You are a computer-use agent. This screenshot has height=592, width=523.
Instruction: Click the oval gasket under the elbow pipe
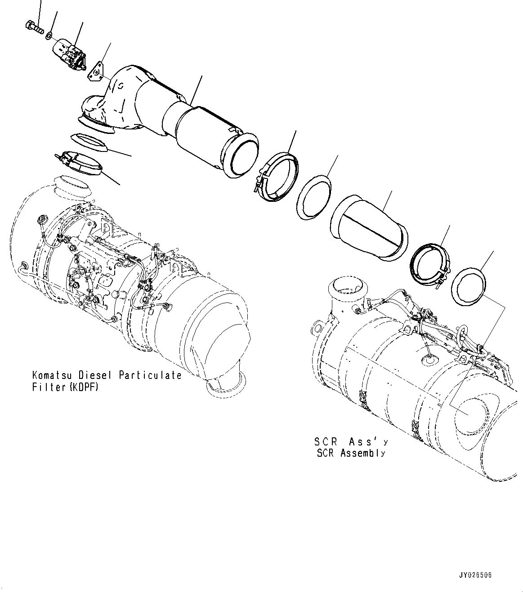tap(88, 143)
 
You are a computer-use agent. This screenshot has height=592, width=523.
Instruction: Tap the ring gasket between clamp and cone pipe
tap(313, 197)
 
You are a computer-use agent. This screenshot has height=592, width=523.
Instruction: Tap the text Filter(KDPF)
tap(65, 387)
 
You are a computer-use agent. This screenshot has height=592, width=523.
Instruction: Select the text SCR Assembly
tap(351, 453)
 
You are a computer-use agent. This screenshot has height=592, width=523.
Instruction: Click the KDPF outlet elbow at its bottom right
tap(227, 382)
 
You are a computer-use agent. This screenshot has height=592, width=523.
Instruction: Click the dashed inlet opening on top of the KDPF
tap(72, 186)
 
